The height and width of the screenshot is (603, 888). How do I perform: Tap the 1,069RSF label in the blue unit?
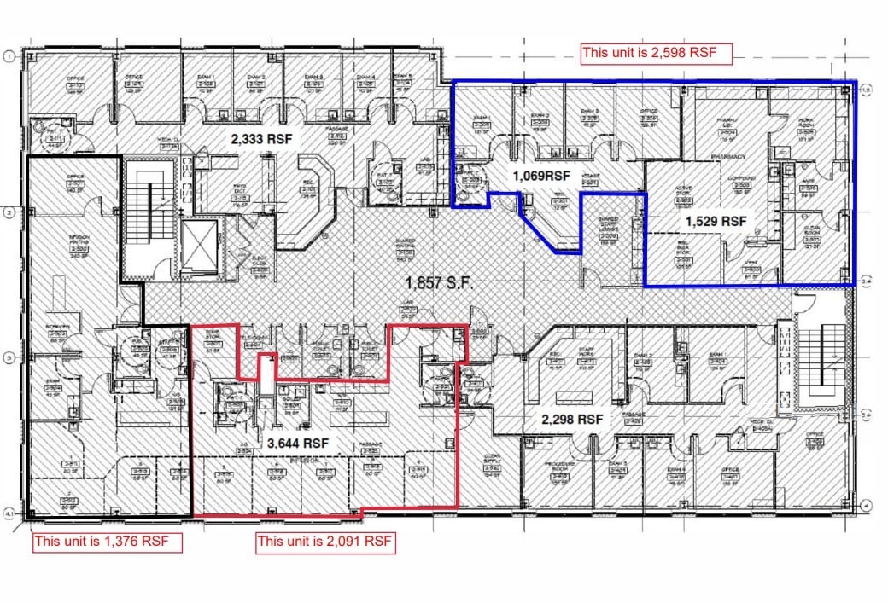540,176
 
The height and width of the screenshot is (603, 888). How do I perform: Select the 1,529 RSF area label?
716,220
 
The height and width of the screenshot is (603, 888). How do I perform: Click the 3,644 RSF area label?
298,444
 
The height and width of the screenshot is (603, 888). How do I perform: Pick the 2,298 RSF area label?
573,420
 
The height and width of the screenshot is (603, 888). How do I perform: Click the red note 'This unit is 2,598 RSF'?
657,53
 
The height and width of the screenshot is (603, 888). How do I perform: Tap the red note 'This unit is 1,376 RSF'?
107,541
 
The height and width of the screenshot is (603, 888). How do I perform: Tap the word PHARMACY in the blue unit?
728,157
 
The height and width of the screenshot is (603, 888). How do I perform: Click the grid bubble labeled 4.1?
10,513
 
